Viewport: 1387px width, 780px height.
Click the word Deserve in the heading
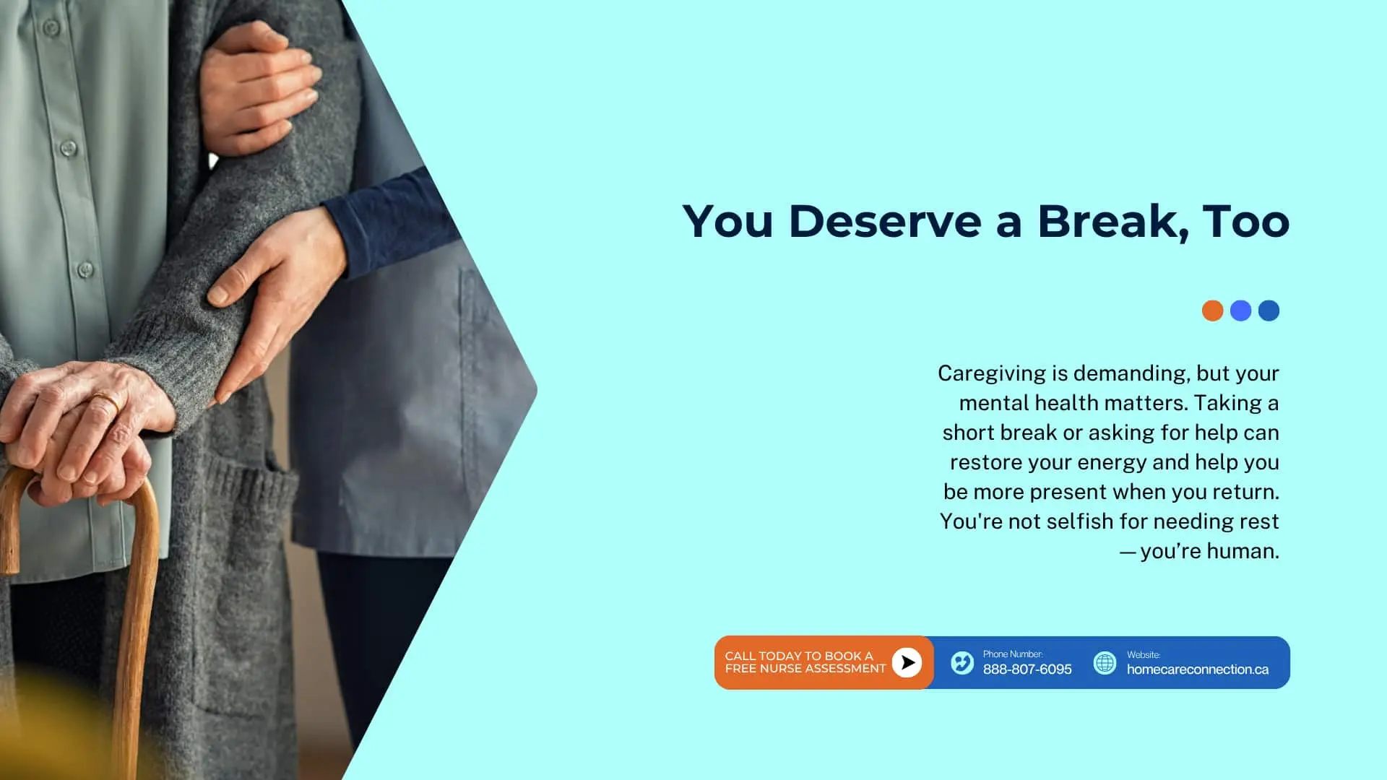click(x=885, y=221)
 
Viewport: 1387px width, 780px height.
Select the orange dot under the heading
click(x=1212, y=311)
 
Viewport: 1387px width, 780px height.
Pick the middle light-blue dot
click(x=1240, y=311)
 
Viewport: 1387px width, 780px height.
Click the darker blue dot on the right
click(x=1269, y=311)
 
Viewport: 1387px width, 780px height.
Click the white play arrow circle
click(x=907, y=662)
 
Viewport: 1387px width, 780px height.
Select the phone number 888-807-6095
click(x=1027, y=669)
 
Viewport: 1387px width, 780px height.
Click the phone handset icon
click(x=962, y=662)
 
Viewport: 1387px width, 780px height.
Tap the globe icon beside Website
click(x=1105, y=662)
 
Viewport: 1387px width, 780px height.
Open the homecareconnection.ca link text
click(x=1198, y=669)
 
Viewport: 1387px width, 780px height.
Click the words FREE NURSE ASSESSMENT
click(x=805, y=669)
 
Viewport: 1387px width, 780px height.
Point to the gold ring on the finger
click(x=106, y=402)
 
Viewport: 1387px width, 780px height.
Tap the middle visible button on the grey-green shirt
click(x=69, y=149)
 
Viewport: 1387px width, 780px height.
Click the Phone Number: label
click(x=1013, y=654)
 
